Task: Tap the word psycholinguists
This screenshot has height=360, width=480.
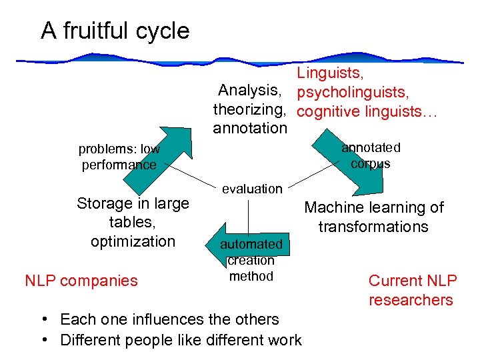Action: [x=353, y=91]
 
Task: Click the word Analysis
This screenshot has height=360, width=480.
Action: [x=249, y=91]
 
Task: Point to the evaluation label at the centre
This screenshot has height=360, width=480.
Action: [x=252, y=189]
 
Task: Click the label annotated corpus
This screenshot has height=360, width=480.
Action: [x=371, y=155]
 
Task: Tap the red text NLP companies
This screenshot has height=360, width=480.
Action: [x=81, y=281]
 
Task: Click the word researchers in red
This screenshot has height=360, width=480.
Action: [x=411, y=300]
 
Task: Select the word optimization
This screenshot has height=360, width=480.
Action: [x=133, y=241]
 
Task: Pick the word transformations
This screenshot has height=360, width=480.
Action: [x=373, y=227]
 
